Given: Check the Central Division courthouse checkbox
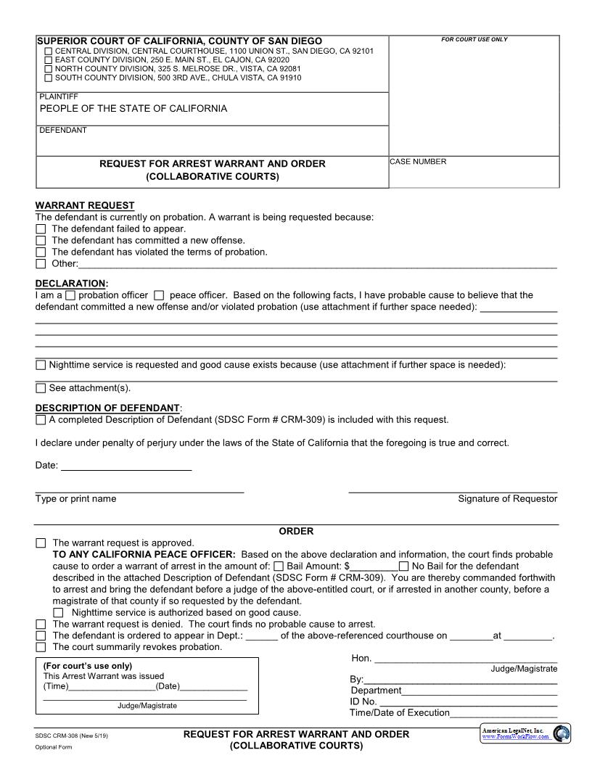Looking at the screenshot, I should [48, 52].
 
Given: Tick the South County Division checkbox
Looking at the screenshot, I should [48, 78].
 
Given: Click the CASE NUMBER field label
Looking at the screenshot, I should [418, 162].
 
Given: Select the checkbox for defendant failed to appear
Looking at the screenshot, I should [41, 228].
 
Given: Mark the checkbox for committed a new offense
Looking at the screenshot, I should [41, 240].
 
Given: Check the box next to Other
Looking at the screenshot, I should [41, 264].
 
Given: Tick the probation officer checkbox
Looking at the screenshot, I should [70, 295].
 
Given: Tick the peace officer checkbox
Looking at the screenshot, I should [159, 295].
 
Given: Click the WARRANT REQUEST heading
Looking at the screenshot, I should [85, 205].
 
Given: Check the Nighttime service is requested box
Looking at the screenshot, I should [41, 365].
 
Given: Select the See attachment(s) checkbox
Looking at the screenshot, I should [41, 388].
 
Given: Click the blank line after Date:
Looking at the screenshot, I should [126, 466].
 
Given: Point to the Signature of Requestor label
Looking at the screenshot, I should [507, 499].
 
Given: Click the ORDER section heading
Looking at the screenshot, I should [296, 531].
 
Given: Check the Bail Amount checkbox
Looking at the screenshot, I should [279, 566].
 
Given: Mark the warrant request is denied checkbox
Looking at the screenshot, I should [41, 624].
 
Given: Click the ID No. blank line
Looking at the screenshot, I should [468, 701].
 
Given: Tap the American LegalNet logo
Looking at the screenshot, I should [525, 733].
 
